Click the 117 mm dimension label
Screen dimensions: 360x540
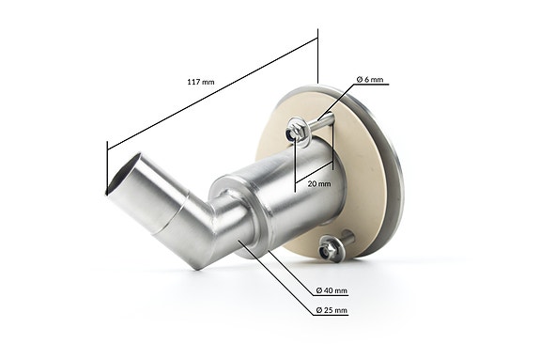click(x=200, y=83)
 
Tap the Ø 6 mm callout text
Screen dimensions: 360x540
click(x=369, y=80)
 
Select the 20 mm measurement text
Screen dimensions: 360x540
click(x=317, y=184)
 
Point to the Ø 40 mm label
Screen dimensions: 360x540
click(x=332, y=290)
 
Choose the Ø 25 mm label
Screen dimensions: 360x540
click(x=332, y=309)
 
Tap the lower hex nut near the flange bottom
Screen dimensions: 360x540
click(x=331, y=249)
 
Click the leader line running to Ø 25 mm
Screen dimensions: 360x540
click(x=282, y=282)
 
